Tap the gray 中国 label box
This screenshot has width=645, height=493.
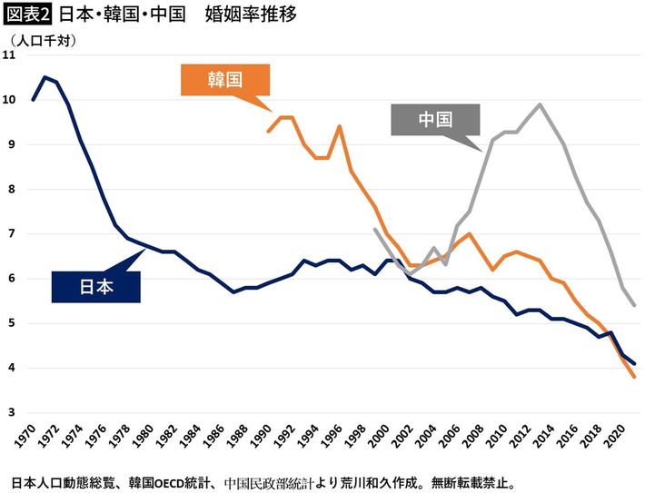435,120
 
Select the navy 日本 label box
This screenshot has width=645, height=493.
96,286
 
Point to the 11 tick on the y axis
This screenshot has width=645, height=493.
10,55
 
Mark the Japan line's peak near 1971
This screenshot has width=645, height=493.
45,77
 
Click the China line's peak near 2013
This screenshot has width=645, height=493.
541,104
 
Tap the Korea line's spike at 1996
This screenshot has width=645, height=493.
340,126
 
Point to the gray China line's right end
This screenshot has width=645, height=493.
634,305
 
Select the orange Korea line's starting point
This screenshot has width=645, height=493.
268,131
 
